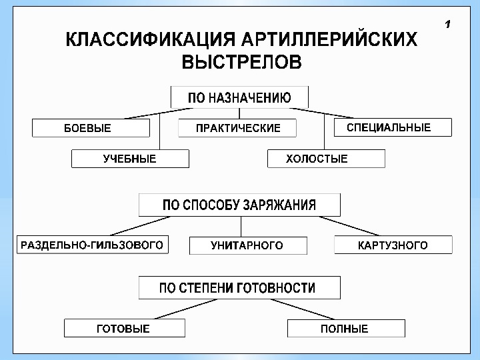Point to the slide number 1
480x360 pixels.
tap(447, 25)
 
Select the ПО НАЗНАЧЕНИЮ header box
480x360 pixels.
tap(239, 97)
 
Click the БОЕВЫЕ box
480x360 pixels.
tap(91, 128)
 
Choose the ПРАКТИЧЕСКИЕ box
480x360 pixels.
tap(237, 128)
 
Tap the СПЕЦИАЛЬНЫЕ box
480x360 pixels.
tap(389, 127)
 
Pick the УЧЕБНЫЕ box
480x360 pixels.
tap(130, 159)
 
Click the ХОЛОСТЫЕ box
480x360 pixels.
tap(326, 159)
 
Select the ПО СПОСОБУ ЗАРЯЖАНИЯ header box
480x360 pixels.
tap(239, 205)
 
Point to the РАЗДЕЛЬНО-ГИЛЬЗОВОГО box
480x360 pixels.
tap(92, 245)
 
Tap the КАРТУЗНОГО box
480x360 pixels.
tap(393, 245)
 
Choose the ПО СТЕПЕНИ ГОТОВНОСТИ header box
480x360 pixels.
tap(239, 288)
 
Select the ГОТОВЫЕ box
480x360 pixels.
tap(124, 328)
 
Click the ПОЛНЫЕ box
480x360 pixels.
tap(345, 328)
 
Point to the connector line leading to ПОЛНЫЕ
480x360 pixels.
tap(301, 309)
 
